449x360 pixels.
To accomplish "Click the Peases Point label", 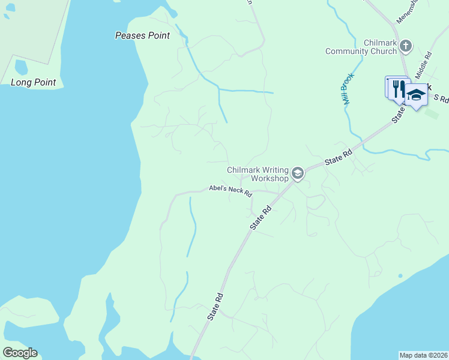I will pyautogui.click(x=142, y=36).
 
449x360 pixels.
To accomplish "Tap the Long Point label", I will pyautogui.click(x=34, y=82).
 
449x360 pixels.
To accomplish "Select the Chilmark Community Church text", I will pyautogui.click(x=361, y=47).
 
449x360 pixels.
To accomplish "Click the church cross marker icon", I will pyautogui.click(x=406, y=45).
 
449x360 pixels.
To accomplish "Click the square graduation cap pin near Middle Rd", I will pyautogui.click(x=416, y=95).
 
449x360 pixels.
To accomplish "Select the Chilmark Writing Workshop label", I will pyautogui.click(x=258, y=174).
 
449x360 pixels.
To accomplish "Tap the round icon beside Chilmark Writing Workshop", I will pyautogui.click(x=297, y=174).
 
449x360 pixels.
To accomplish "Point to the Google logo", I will pyautogui.click(x=20, y=353).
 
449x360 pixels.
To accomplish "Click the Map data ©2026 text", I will pyautogui.click(x=423, y=355).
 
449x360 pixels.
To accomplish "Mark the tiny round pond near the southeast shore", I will pyautogui.click(x=400, y=276).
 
